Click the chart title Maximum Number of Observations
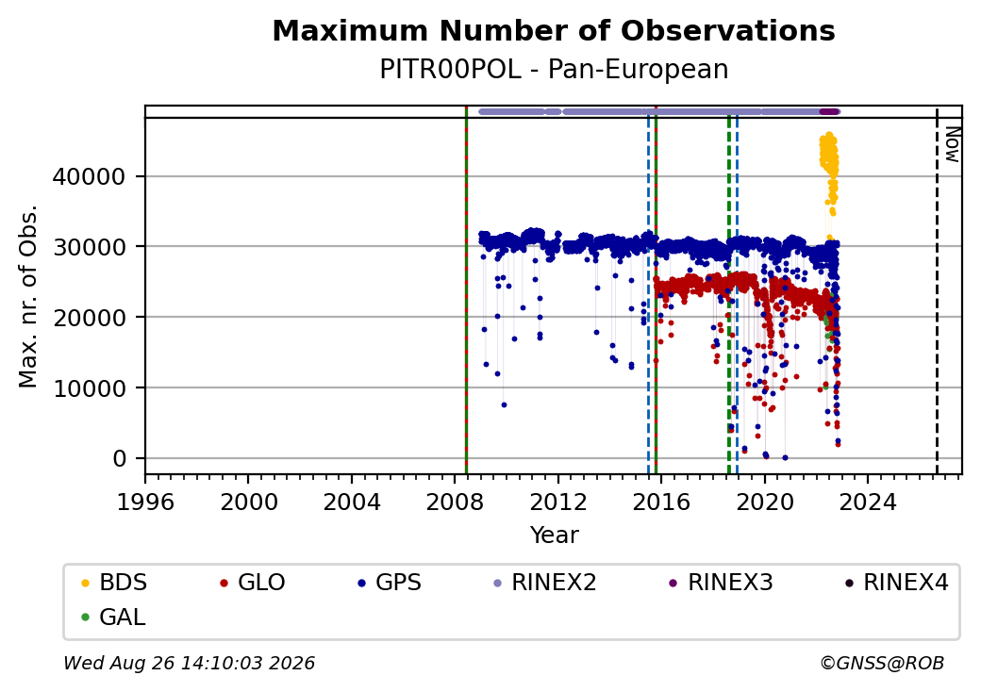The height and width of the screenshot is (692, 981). (554, 30)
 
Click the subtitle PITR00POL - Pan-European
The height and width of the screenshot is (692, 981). (554, 70)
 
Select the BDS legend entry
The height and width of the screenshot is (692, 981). (114, 583)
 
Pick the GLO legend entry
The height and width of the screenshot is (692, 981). (252, 583)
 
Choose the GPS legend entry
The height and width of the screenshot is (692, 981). (390, 583)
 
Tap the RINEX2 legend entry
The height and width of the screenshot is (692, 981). (544, 583)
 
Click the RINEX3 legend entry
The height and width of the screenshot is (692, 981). (721, 583)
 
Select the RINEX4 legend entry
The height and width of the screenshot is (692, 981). (896, 583)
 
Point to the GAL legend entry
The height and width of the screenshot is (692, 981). (113, 617)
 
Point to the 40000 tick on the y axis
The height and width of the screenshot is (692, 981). (89, 177)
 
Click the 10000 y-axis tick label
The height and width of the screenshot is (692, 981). (89, 388)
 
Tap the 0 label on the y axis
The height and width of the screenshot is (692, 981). (120, 459)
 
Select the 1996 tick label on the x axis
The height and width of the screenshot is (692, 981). (145, 502)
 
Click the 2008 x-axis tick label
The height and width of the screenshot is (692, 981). (455, 502)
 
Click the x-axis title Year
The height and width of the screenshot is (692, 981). (555, 535)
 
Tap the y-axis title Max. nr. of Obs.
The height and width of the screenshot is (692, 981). (28, 296)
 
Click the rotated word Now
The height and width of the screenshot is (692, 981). (952, 144)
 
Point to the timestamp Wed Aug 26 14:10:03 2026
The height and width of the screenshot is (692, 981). (189, 663)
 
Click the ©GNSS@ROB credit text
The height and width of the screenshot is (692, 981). (882, 663)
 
